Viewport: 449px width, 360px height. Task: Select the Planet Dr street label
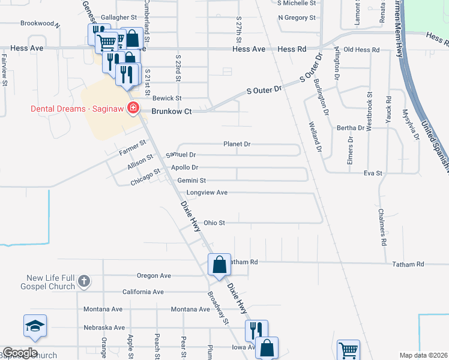237,144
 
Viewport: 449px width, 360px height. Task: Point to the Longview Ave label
207,193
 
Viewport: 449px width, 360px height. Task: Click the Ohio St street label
214,223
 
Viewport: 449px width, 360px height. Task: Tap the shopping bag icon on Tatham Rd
220,264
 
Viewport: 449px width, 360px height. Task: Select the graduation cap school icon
35,326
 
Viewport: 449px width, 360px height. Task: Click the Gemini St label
191,180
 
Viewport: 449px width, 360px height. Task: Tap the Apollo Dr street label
184,167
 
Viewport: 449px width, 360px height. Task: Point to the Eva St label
373,173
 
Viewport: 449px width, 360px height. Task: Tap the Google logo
20,353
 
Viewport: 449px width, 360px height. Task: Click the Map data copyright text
423,355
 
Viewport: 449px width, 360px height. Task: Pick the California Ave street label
143,292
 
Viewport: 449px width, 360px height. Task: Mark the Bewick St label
167,98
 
